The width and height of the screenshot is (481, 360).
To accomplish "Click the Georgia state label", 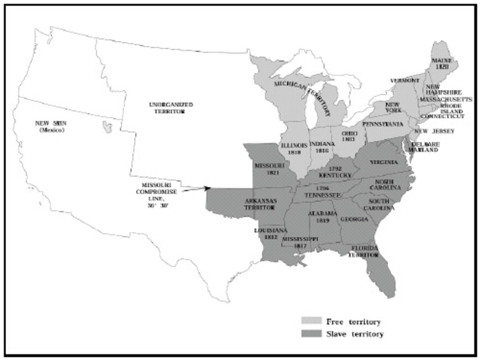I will (x=353, y=219).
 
